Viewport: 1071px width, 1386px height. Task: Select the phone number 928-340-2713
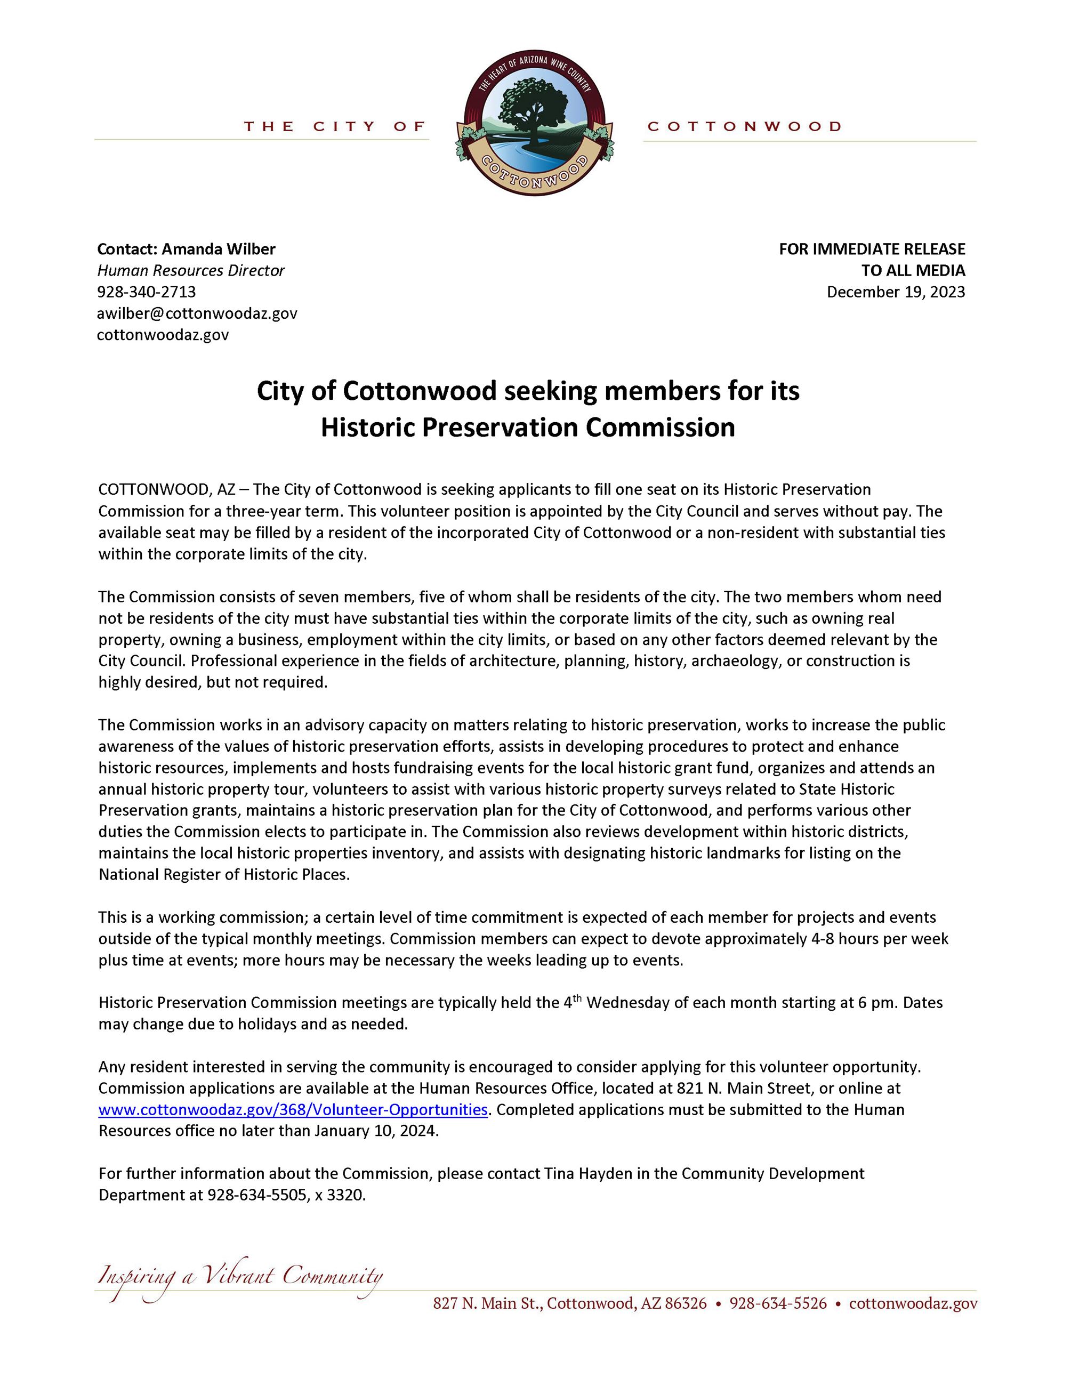[x=147, y=292]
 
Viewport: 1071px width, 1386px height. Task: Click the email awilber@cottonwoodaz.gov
[x=197, y=313]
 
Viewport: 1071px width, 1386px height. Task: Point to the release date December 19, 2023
[x=896, y=292]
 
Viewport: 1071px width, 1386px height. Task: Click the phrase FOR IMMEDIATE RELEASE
[x=872, y=249]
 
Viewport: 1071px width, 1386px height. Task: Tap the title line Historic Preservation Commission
[x=527, y=427]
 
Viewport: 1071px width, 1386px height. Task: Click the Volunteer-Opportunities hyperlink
[x=293, y=1109]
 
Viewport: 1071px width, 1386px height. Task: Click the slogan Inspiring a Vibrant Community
[x=240, y=1276]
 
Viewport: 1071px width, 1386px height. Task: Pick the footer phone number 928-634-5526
[x=778, y=1303]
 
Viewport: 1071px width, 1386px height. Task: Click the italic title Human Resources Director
[x=191, y=270]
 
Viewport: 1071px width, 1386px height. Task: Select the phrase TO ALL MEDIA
[x=913, y=270]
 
